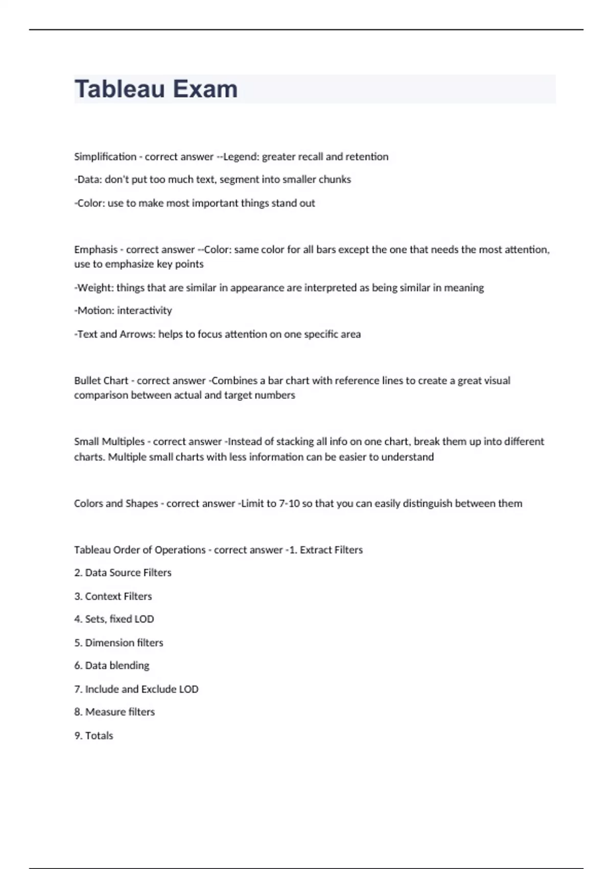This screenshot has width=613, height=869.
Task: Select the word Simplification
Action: coord(105,157)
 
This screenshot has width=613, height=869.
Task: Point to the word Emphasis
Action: coord(96,250)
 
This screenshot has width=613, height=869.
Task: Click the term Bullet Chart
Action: coord(101,381)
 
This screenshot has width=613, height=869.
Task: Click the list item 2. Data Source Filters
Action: coord(123,573)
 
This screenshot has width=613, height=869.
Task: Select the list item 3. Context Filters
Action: coord(113,597)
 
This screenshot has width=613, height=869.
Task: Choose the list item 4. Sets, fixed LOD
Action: coord(114,619)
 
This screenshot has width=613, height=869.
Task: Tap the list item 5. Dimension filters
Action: coord(119,643)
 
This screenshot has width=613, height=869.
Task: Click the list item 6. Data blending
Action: coord(111,666)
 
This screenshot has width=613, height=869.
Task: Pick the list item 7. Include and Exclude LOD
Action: coord(136,690)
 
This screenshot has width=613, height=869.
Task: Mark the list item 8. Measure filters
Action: coord(114,712)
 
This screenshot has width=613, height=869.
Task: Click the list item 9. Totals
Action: coord(93,736)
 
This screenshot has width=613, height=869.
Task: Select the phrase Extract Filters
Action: coord(331,550)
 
